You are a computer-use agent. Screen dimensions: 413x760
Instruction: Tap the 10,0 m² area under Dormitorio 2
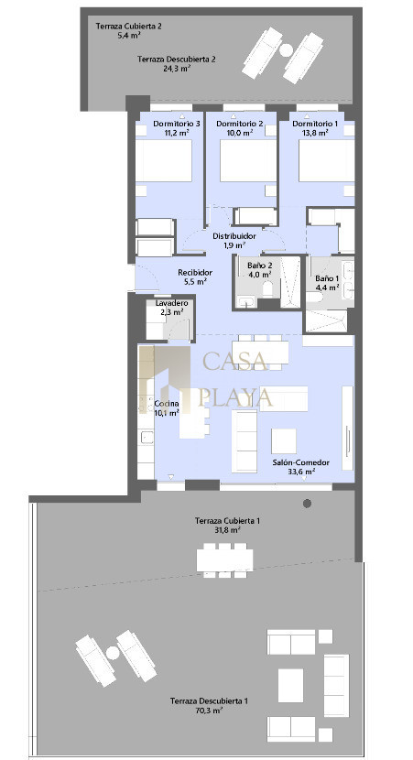pyautogui.click(x=241, y=133)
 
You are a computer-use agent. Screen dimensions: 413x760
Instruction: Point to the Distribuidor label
pyautogui.click(x=234, y=236)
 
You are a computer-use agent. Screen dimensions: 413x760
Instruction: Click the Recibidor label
pyautogui.click(x=195, y=272)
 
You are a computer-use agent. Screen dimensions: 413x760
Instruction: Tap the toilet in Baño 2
pyautogui.click(x=268, y=290)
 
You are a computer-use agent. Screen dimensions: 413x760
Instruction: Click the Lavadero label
pyautogui.click(x=171, y=303)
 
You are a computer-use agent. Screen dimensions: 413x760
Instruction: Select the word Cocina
pyautogui.click(x=167, y=404)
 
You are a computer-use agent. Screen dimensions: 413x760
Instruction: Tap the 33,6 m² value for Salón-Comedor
pyautogui.click(x=301, y=472)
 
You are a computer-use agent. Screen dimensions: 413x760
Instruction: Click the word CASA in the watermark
pyautogui.click(x=235, y=361)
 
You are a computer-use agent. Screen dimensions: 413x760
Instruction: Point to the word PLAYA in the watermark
pyautogui.click(x=235, y=397)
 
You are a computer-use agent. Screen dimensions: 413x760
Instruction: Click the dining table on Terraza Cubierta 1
pyautogui.click(x=225, y=559)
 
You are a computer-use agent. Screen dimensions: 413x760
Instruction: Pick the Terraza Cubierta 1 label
pyautogui.click(x=228, y=521)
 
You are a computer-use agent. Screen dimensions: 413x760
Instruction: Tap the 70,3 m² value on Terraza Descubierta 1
pyautogui.click(x=210, y=711)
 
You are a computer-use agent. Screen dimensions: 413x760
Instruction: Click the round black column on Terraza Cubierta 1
pyautogui.click(x=307, y=504)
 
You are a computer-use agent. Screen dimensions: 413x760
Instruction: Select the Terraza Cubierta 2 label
pyautogui.click(x=128, y=27)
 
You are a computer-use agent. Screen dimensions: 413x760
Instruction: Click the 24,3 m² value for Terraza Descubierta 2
pyautogui.click(x=177, y=69)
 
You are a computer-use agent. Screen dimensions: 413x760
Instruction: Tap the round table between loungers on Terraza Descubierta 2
pyautogui.click(x=286, y=49)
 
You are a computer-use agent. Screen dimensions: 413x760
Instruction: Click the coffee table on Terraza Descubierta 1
pyautogui.click(x=291, y=685)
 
